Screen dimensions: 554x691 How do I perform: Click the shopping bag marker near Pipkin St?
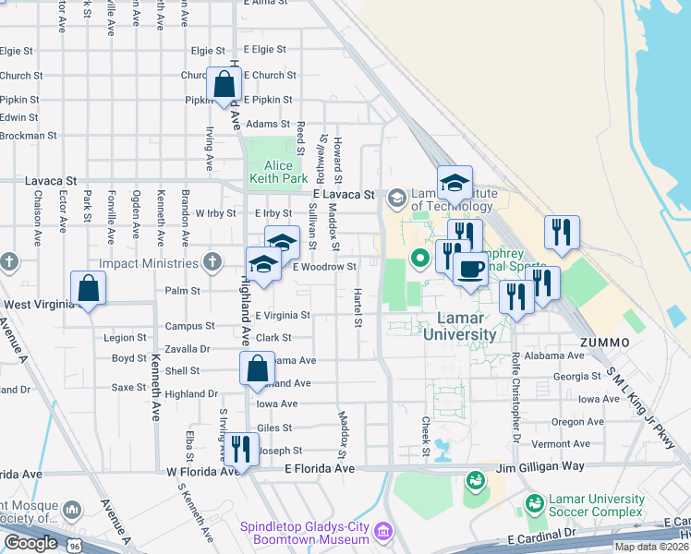[x=224, y=85]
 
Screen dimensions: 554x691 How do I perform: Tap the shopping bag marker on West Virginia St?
[x=89, y=289]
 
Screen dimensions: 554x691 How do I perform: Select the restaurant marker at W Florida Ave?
[x=241, y=450]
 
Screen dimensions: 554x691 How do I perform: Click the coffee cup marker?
[x=470, y=269]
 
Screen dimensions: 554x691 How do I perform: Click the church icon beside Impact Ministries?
[x=213, y=263]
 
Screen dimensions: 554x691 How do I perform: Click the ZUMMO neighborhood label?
[x=605, y=343]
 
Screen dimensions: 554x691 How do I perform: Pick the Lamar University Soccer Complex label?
[x=596, y=505]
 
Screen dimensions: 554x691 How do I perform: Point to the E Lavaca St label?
[x=344, y=196]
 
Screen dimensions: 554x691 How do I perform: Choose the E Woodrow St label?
[x=324, y=267]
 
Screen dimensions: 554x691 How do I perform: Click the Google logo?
[x=30, y=543]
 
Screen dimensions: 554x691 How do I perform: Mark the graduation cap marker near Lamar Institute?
[x=455, y=184]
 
